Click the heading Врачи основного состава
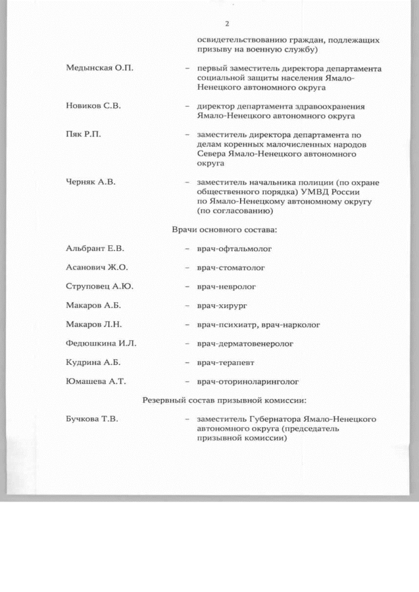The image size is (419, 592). (x=224, y=230)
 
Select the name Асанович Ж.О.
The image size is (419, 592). (x=97, y=268)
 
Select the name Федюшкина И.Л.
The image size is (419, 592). (x=101, y=343)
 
